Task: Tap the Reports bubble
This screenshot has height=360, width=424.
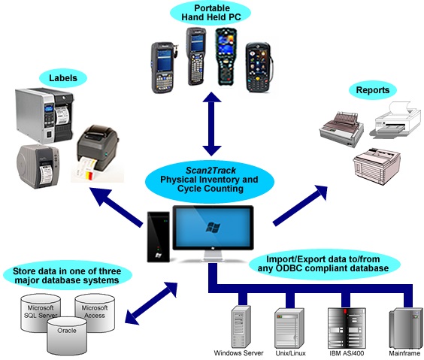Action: click(373, 90)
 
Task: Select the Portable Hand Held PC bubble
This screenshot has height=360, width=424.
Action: click(211, 13)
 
